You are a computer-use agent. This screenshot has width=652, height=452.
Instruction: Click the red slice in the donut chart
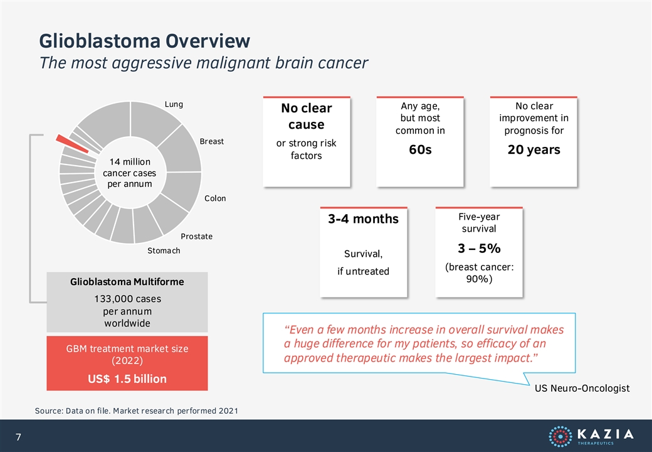(72, 144)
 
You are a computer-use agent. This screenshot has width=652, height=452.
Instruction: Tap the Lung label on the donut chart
(174, 104)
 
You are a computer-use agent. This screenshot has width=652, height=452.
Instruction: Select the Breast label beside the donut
(212, 141)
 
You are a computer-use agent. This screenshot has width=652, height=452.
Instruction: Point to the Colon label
(215, 198)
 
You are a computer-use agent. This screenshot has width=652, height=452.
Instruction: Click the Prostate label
(197, 237)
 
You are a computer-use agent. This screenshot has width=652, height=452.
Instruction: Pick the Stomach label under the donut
(164, 250)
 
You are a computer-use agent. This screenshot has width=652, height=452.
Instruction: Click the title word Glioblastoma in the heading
(100, 41)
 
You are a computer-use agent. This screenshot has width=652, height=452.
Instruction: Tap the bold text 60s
(420, 149)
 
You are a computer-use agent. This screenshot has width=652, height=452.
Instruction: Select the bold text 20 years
(534, 149)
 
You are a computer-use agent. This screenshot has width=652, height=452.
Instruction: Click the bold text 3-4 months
(363, 219)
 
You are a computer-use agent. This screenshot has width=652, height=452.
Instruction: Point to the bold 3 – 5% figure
(479, 249)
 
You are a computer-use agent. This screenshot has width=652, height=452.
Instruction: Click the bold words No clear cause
(307, 116)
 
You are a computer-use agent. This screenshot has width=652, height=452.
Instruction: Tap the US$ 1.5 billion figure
(127, 379)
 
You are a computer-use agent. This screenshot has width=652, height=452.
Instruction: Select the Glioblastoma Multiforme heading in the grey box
(127, 282)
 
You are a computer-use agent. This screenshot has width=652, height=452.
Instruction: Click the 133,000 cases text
(128, 299)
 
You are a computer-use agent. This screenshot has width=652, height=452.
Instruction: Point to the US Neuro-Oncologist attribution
(582, 389)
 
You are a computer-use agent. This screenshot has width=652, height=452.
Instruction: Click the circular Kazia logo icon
(560, 436)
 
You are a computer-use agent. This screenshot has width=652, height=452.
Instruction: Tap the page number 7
(18, 437)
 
